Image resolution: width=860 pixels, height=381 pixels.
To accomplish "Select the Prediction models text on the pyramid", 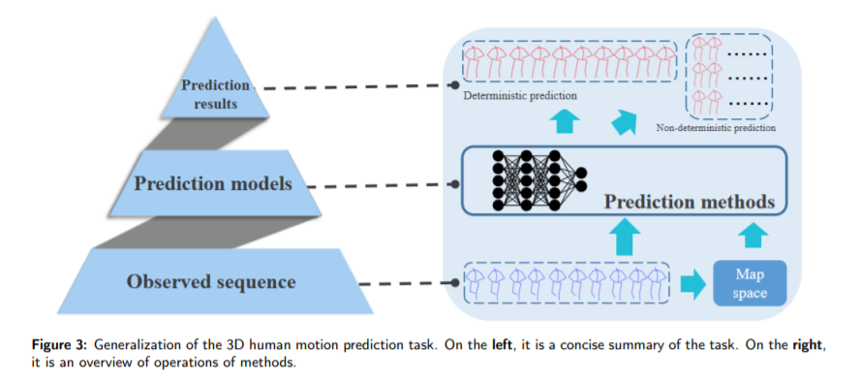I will [212, 183].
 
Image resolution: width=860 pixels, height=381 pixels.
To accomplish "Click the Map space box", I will [750, 283].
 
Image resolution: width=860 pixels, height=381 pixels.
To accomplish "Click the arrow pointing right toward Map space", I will [692, 284].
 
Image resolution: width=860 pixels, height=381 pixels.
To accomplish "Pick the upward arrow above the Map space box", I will [752, 237].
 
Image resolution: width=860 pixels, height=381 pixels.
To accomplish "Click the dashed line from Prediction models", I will [385, 183].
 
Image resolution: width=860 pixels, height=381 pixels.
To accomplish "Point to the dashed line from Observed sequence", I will [407, 283].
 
